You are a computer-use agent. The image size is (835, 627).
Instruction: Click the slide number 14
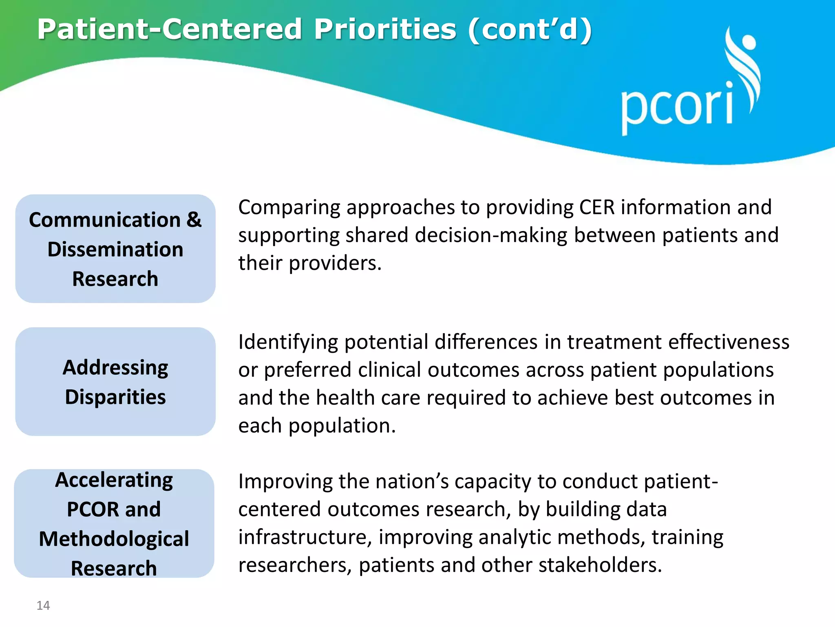(x=43, y=605)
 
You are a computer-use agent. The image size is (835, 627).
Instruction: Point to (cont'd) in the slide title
(x=530, y=29)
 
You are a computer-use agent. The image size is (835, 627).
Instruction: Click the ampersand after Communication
(x=194, y=220)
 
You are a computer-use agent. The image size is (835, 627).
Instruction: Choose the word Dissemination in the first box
(x=115, y=249)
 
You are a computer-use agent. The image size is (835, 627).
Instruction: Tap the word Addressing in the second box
(x=115, y=368)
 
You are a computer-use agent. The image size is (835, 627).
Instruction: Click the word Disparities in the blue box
(x=115, y=397)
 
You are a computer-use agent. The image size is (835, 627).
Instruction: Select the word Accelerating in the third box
(x=114, y=480)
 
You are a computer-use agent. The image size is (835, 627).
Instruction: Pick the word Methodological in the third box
(x=114, y=539)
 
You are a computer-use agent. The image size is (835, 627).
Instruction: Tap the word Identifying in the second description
(x=288, y=342)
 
